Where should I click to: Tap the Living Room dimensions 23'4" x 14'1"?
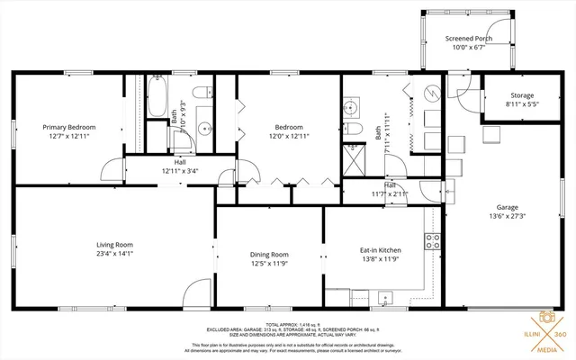click(115, 254)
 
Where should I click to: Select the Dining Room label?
click(268, 254)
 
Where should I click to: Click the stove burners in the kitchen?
click(432, 240)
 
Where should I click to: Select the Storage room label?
click(522, 95)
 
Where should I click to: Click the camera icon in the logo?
click(546, 317)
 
